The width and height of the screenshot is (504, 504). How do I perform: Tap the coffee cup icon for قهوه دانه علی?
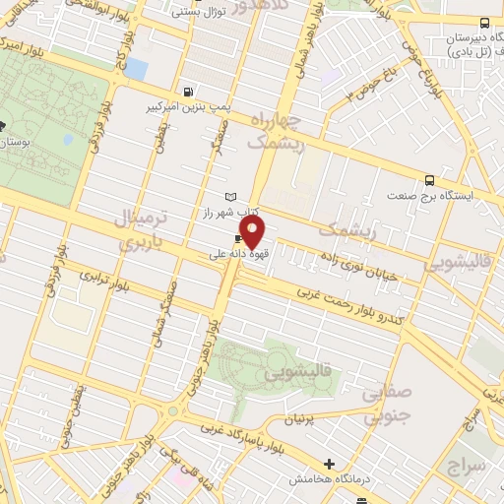[x=238, y=239]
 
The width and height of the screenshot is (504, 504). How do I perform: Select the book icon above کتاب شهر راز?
[x=231, y=198]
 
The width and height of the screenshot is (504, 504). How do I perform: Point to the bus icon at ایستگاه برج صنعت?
[x=429, y=180]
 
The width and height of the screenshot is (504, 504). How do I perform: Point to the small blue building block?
[x=135, y=69]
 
